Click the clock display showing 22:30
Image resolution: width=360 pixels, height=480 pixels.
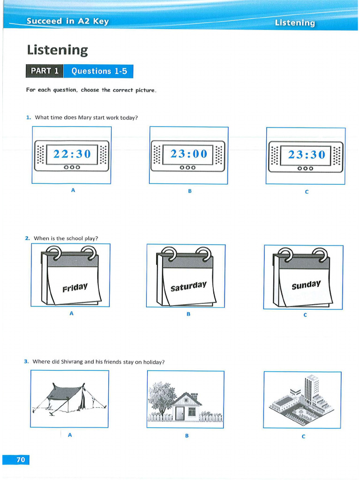pyautogui.click(x=71, y=154)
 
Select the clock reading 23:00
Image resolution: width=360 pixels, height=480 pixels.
pyautogui.click(x=188, y=154)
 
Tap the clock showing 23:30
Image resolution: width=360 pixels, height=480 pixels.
pyautogui.click(x=306, y=155)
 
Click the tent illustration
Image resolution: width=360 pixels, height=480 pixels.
pyautogui.click(x=69, y=398)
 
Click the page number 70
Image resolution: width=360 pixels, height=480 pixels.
pyautogui.click(x=21, y=460)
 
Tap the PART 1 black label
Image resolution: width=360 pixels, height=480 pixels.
pyautogui.click(x=45, y=71)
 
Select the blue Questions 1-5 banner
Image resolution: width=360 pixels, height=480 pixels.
pyautogui.click(x=99, y=71)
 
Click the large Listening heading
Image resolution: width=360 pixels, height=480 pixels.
pyautogui.click(x=57, y=50)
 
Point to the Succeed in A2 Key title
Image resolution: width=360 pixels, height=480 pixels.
pyautogui.click(x=67, y=21)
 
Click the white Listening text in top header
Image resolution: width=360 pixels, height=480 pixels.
pyautogui.click(x=295, y=22)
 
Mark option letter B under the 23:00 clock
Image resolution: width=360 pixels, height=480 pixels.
pyautogui.click(x=190, y=191)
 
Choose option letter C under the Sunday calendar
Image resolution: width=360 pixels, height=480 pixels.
pyautogui.click(x=305, y=315)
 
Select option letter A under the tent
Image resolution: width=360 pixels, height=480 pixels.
pyautogui.click(x=70, y=435)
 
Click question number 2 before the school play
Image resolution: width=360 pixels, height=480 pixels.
pyautogui.click(x=28, y=238)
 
